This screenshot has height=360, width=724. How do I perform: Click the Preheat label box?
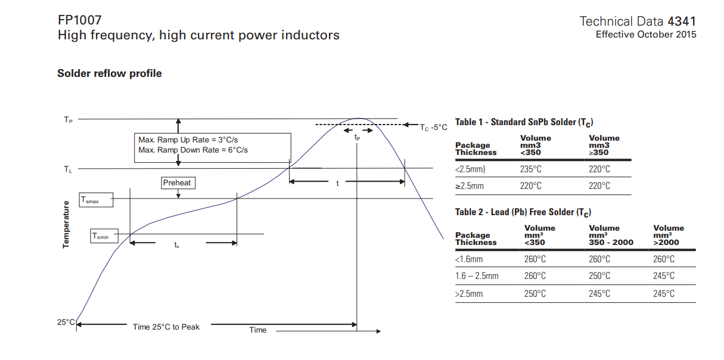[x=177, y=183]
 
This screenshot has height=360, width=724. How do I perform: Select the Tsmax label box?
[x=97, y=201]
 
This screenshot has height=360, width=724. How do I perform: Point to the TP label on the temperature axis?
[x=68, y=120]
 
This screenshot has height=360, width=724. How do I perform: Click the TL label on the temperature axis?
[x=68, y=169]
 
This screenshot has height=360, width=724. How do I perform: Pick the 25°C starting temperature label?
[x=66, y=322]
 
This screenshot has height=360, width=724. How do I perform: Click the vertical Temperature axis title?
[x=66, y=224]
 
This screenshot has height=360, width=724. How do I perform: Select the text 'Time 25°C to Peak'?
[x=166, y=327]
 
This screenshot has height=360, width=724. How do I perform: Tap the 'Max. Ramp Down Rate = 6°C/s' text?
[x=193, y=150]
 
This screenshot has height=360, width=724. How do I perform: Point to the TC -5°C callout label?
[x=433, y=128]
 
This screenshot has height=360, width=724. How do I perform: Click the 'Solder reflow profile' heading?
[x=109, y=73]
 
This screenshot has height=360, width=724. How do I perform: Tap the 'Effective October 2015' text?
[x=646, y=35]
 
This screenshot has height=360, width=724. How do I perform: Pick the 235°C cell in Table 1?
[x=530, y=169]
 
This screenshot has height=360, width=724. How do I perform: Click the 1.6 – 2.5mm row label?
[x=477, y=276]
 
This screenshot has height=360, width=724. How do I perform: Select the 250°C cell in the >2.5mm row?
[x=535, y=293]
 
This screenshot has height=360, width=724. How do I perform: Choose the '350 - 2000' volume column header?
[x=611, y=243]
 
